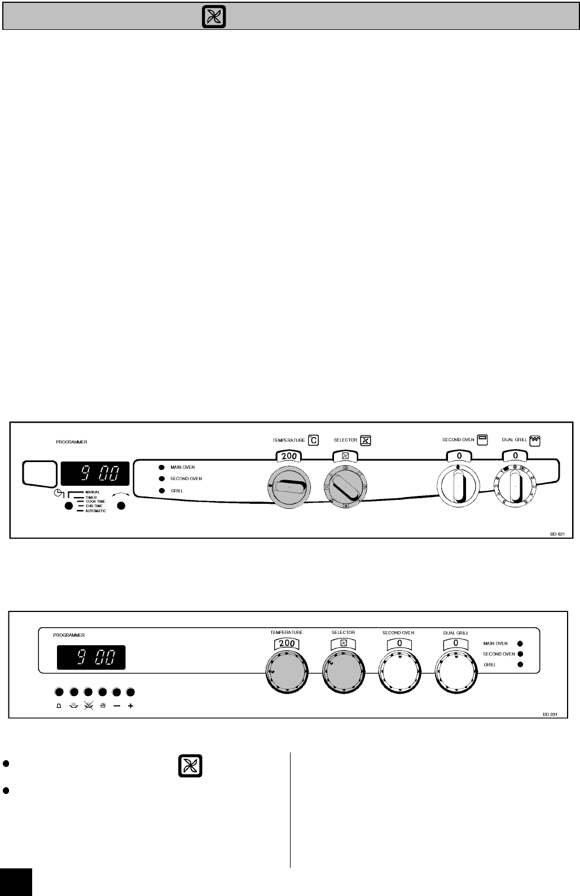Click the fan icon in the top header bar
point(214,18)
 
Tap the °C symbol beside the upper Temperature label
point(313,440)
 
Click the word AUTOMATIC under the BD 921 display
point(95,511)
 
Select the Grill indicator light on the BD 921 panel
point(161,491)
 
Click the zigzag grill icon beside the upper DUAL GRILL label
point(535,440)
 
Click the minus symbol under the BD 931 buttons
point(116,706)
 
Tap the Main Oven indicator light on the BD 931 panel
point(520,643)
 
